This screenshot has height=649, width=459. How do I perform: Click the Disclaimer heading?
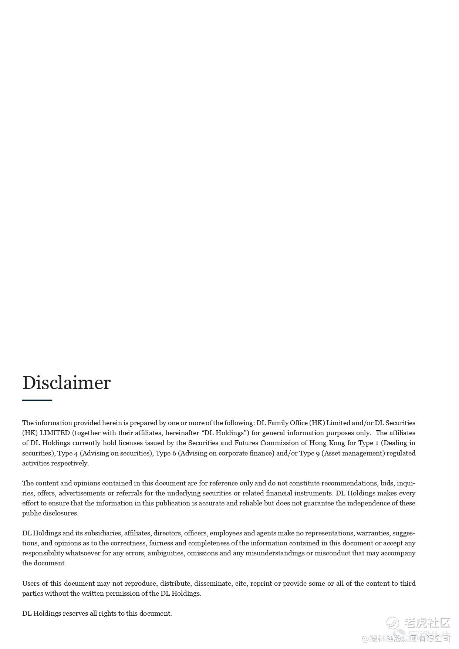67,383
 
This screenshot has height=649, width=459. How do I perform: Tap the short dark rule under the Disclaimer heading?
37,400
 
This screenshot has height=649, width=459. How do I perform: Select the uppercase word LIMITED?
55,433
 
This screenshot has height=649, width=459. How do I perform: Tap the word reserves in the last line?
75,613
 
